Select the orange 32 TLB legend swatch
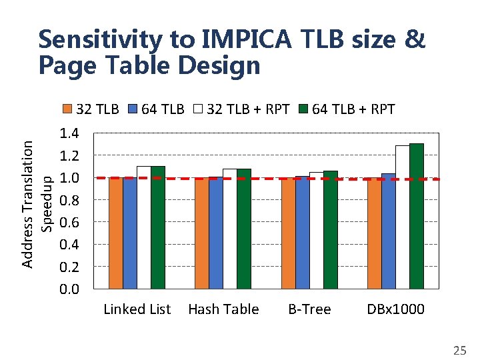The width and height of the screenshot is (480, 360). coord(67,109)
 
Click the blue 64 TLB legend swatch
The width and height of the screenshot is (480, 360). coord(132,109)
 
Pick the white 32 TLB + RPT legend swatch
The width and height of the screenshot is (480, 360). coord(198,109)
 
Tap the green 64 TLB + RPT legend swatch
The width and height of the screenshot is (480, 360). coord(302,109)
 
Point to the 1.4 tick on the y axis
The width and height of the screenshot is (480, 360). coord(69,133)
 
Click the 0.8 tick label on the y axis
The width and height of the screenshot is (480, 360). coord(69,200)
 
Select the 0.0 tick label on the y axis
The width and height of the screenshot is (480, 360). coord(69,289)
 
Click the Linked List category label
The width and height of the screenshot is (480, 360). coord(137,309)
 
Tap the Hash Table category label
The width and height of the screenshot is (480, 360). coord(223,309)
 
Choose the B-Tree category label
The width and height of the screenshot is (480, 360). coord(309,309)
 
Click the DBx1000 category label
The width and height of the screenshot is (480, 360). coord(395,309)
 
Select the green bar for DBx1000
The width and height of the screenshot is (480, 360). coord(417,216)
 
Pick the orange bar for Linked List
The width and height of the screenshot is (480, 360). coord(115,233)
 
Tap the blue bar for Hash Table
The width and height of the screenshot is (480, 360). coord(215,233)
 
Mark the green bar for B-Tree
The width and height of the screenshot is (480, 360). coord(330,230)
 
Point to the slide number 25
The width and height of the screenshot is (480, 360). coord(459,349)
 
